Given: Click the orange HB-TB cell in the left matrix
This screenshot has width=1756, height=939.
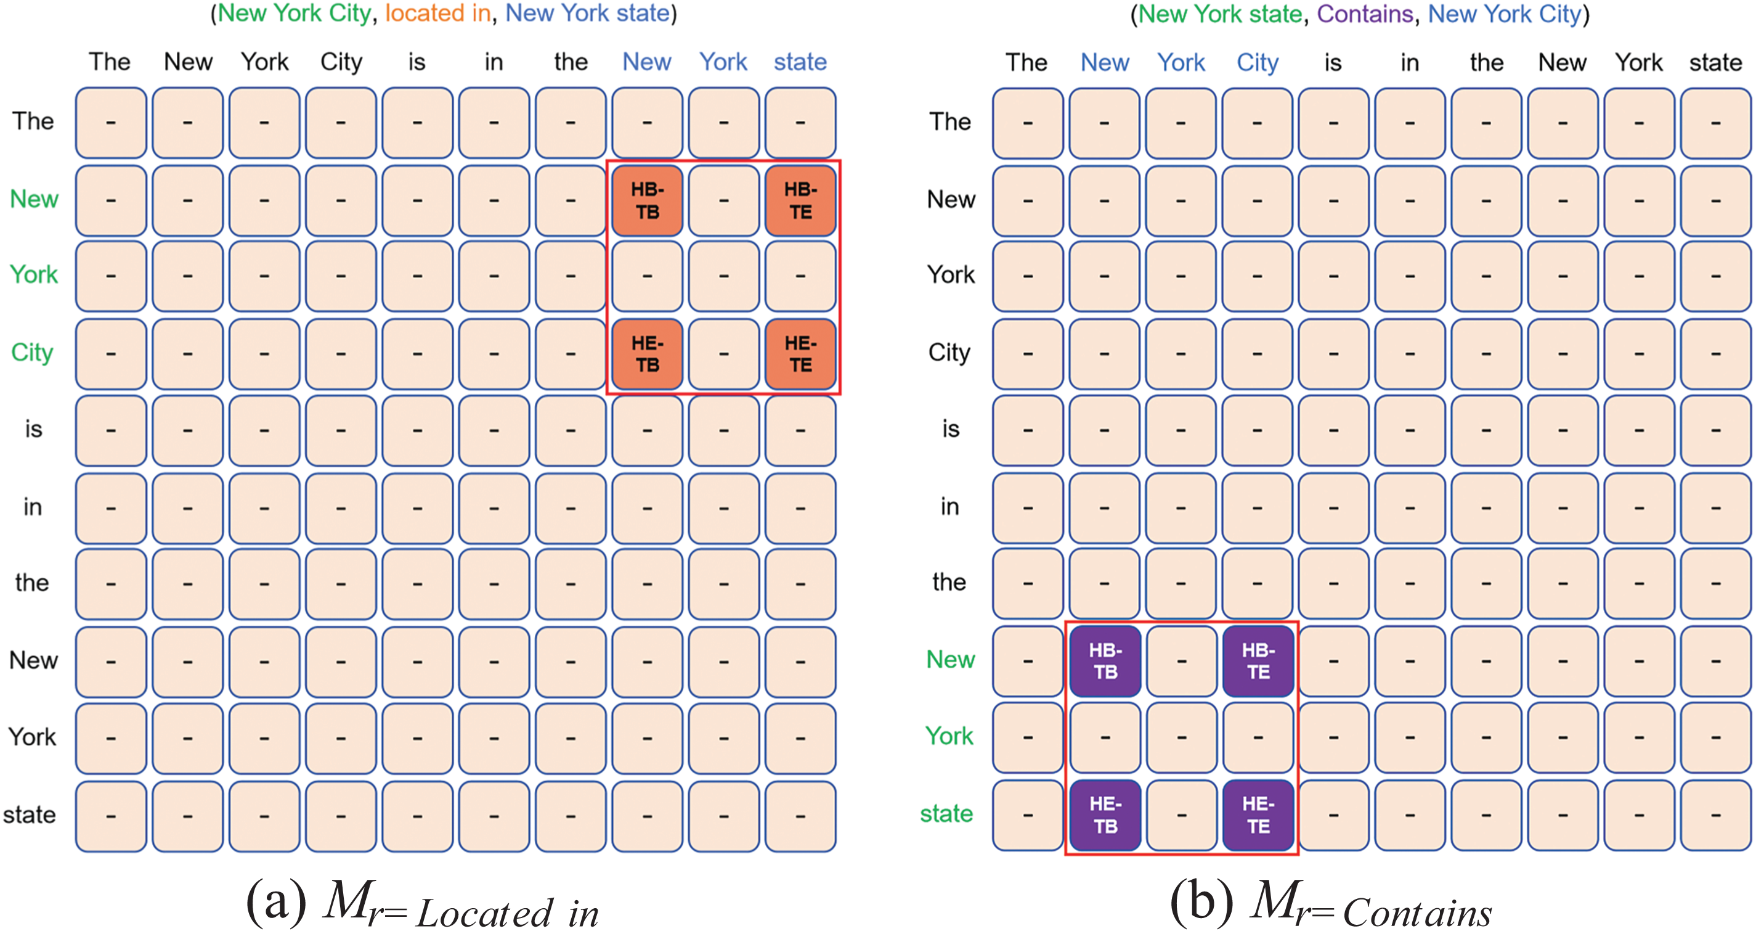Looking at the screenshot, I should [x=647, y=200].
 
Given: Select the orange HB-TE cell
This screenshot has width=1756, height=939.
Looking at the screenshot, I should [x=800, y=200].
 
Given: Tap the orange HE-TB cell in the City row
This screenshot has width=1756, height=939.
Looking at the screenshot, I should [x=647, y=354].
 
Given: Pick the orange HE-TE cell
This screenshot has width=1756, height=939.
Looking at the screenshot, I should [x=800, y=354].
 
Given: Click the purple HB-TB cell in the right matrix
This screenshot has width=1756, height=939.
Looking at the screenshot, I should [x=1105, y=661].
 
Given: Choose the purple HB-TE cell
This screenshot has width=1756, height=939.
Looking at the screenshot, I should [x=1258, y=661].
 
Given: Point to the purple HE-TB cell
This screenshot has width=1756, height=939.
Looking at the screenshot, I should [x=1105, y=815].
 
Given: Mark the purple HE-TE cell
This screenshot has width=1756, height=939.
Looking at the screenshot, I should [x=1258, y=815].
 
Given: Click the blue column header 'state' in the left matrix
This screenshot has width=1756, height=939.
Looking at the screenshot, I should [x=800, y=62].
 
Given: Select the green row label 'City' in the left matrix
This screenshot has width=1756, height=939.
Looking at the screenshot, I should [x=32, y=353].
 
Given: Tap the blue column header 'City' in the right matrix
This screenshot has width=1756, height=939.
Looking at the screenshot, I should [x=1258, y=63].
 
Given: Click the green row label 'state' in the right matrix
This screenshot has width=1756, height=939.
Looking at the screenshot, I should [x=947, y=813].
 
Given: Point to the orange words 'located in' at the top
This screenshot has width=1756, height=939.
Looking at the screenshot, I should [x=437, y=14].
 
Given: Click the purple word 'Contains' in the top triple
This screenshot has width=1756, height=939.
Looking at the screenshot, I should [x=1365, y=14].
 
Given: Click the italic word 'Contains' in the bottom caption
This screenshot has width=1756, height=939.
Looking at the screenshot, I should [x=1417, y=912].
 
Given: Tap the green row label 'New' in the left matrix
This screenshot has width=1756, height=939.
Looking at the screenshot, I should [x=34, y=199].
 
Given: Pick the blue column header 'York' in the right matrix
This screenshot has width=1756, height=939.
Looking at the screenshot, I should [x=1181, y=63].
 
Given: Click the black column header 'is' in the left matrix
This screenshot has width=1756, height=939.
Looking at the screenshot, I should [x=417, y=62].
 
